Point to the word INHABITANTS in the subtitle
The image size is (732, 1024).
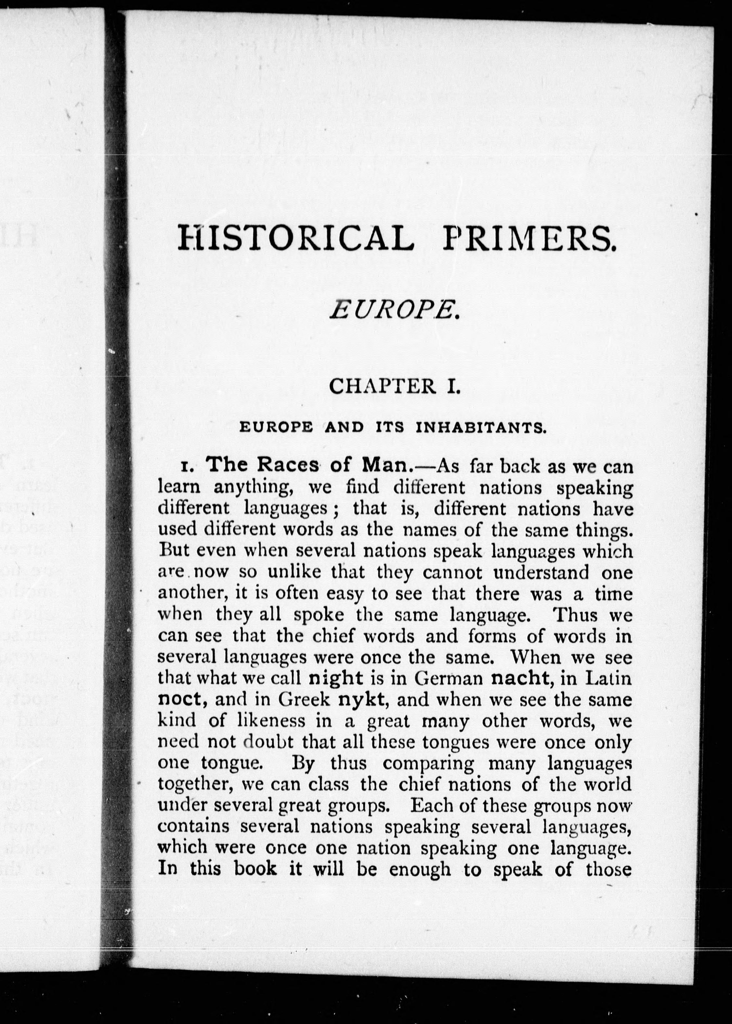[481, 428]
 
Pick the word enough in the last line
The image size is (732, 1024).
[420, 869]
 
